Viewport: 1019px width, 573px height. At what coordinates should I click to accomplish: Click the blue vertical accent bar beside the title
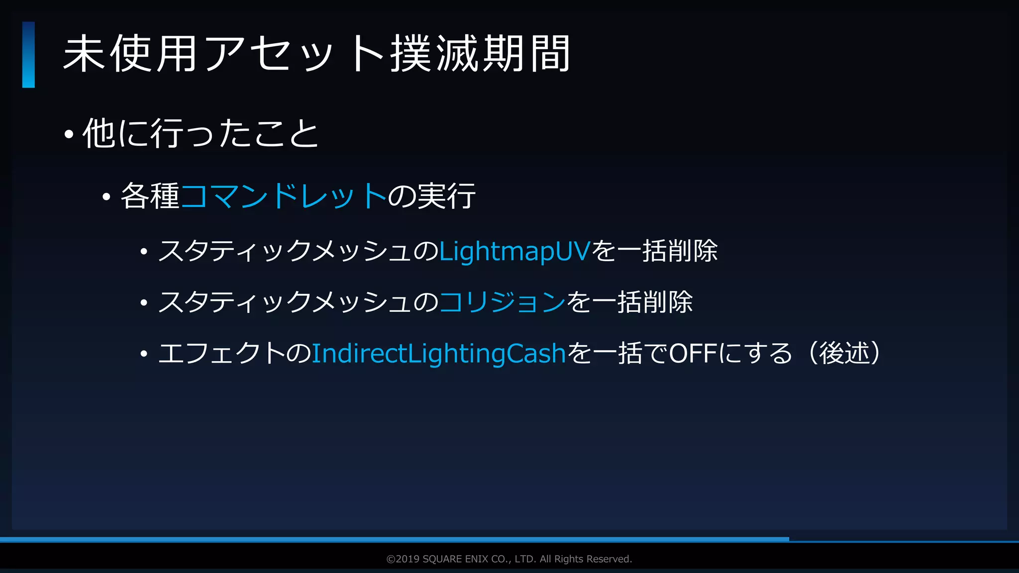(28, 55)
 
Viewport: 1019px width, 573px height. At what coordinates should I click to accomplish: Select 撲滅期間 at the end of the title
(480, 54)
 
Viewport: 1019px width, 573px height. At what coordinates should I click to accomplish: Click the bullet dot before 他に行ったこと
(69, 134)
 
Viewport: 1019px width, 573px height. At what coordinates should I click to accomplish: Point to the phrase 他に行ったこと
(201, 133)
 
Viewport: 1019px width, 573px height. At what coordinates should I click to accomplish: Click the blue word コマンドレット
(284, 195)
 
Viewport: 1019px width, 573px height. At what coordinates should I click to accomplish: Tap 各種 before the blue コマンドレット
(150, 195)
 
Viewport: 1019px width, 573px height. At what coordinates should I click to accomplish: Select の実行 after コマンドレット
(431, 195)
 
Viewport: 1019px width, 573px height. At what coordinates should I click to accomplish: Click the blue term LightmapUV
(514, 251)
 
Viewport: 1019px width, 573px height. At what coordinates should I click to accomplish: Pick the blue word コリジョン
(502, 302)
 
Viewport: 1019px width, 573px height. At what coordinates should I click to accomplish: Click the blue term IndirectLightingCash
(439, 354)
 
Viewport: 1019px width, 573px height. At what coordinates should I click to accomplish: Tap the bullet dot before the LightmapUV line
(144, 252)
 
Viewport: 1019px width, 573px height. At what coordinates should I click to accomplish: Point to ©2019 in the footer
(403, 559)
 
